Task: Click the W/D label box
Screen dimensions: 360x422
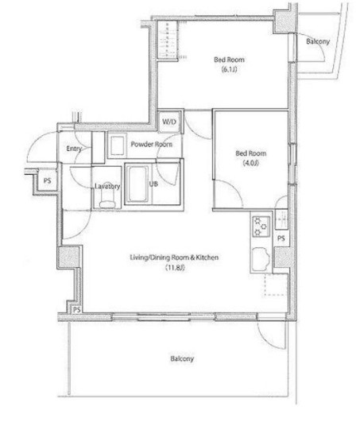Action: click(x=169, y=122)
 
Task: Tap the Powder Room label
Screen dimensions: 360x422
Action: click(x=152, y=145)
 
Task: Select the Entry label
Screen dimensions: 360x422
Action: click(x=74, y=149)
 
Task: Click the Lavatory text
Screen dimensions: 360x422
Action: click(x=107, y=186)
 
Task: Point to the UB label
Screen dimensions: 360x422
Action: click(x=153, y=184)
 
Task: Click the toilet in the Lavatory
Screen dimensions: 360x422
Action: click(x=107, y=200)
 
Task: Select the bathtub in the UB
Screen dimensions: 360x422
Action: click(x=137, y=184)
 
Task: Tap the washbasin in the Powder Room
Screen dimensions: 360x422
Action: click(x=118, y=145)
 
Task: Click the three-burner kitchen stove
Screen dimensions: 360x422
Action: click(x=261, y=226)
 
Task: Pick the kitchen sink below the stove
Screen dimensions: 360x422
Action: click(x=261, y=258)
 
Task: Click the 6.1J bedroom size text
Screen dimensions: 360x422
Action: click(x=229, y=69)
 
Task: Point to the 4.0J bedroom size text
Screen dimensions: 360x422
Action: click(x=251, y=163)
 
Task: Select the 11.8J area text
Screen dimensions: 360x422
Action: click(x=175, y=268)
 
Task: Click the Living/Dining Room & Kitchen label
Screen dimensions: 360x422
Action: click(x=174, y=257)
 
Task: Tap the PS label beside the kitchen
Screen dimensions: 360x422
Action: click(x=281, y=238)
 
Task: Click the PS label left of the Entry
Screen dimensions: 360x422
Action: click(x=48, y=180)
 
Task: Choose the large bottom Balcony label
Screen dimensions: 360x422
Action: click(x=182, y=358)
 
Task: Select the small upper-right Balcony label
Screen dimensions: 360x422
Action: click(x=318, y=41)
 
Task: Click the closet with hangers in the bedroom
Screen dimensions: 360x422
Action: click(x=168, y=40)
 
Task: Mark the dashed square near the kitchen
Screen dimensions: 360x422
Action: click(x=276, y=285)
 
